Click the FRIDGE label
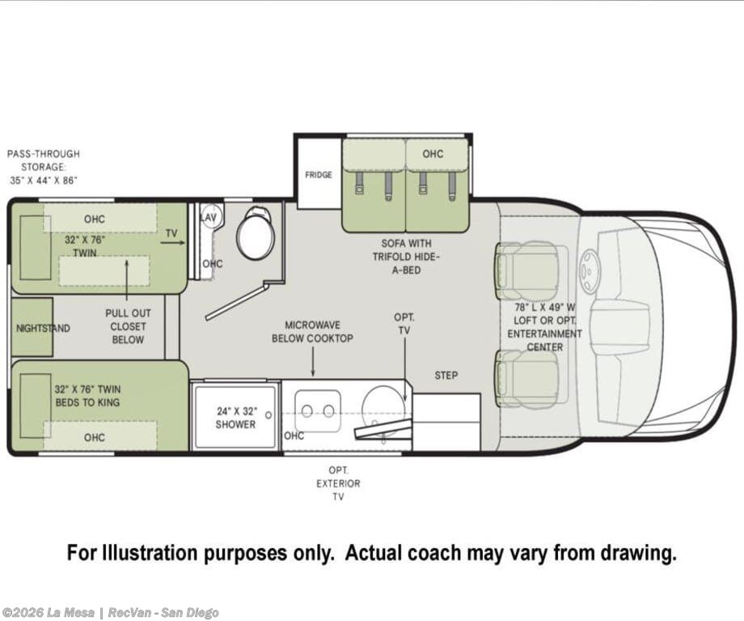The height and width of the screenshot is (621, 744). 319,175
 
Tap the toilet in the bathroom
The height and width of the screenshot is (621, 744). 256,233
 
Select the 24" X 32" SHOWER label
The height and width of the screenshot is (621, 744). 236,418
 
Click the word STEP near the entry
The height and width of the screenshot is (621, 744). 446,376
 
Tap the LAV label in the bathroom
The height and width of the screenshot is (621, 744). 209,218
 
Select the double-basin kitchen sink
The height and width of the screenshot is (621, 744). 318,411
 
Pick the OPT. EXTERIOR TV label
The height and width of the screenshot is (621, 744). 338,483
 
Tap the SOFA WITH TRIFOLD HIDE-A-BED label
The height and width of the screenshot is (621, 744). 407,257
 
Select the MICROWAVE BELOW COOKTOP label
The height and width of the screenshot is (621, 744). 312,332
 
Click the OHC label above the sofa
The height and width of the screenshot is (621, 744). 433,154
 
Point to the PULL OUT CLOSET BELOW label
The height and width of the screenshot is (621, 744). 128,326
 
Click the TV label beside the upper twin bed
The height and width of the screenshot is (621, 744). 171,233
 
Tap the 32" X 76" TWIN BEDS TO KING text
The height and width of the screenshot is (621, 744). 87,396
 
